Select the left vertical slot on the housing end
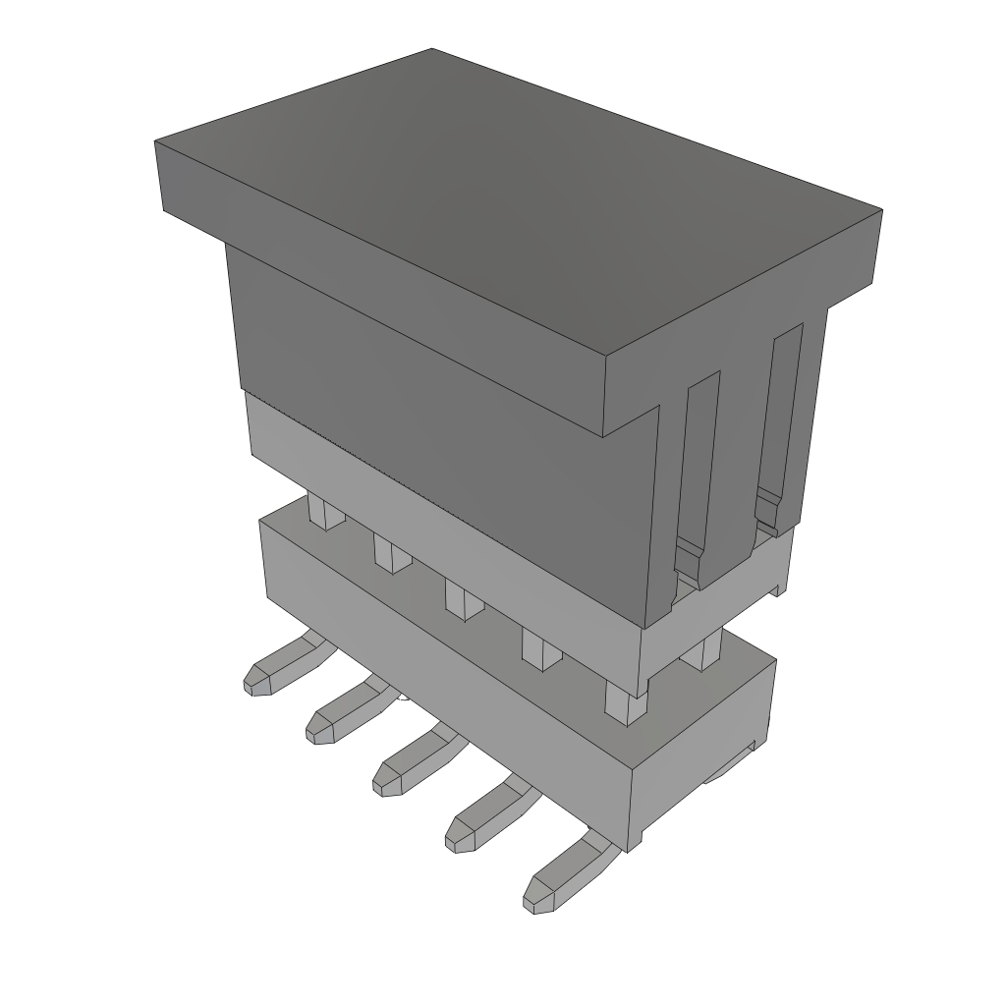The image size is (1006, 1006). coord(701,472)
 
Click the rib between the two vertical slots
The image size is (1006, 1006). coord(742,442)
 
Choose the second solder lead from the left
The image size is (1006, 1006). coord(344,713)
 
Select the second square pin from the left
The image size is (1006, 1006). coord(392,555)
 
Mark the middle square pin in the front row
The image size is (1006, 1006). coord(462,599)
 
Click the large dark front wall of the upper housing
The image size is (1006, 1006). coord(442,413)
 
